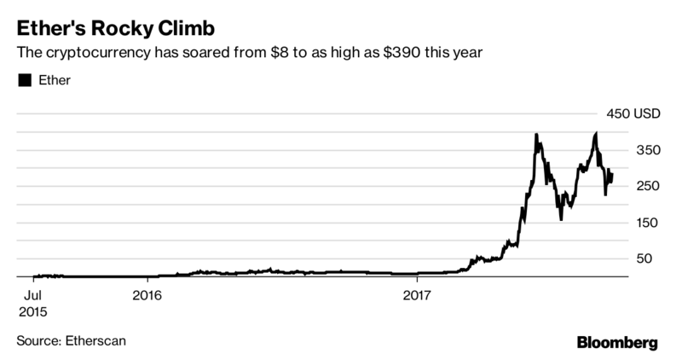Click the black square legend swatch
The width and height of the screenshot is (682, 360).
pyautogui.click(x=24, y=80)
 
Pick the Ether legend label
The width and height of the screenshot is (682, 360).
pyautogui.click(x=54, y=80)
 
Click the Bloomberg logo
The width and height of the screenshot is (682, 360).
pyautogui.click(x=615, y=343)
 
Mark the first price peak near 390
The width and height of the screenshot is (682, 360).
pyautogui.click(x=535, y=135)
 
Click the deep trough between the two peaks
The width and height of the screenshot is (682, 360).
pyautogui.click(x=561, y=219)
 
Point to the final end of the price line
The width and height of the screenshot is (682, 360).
pyautogui.click(x=611, y=173)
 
